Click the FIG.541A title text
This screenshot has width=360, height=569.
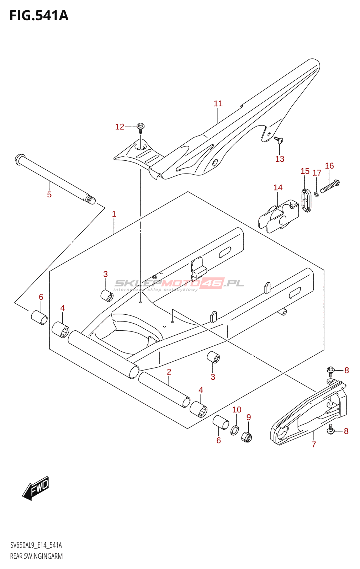point(39,16)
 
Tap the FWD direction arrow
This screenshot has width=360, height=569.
point(36,488)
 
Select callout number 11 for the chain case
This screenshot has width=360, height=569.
point(218,103)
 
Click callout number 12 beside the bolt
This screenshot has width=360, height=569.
point(120,127)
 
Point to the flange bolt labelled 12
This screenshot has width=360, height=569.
point(141,127)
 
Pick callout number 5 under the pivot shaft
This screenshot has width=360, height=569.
point(49,195)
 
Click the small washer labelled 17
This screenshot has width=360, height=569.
point(316,194)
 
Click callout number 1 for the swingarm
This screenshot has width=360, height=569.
point(114,214)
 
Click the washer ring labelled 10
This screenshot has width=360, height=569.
point(235,430)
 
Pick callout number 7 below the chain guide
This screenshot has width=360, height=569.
point(314,444)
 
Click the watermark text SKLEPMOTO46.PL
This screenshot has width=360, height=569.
point(179,283)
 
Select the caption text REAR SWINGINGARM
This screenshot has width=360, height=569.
point(36,556)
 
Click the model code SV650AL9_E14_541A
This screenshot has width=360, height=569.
point(36,545)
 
